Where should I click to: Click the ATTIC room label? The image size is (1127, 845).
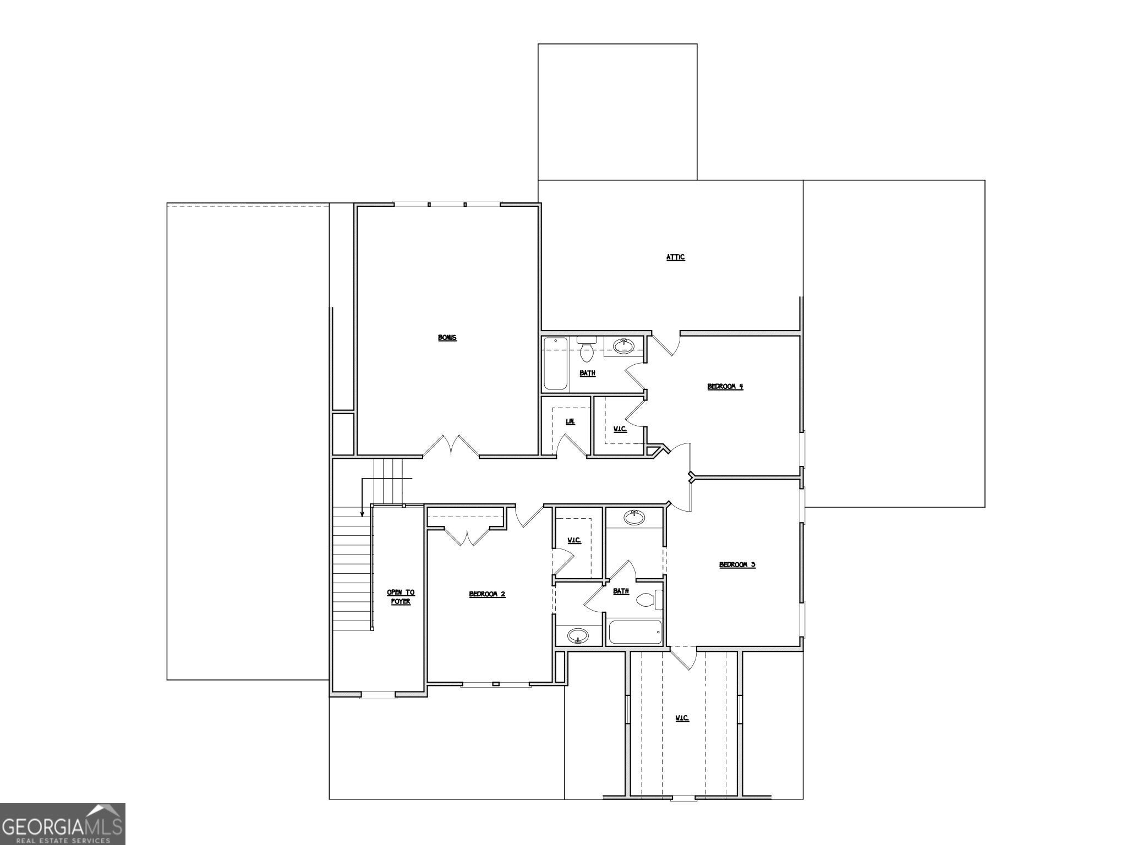click(x=675, y=257)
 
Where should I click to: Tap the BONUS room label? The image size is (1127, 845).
click(x=447, y=337)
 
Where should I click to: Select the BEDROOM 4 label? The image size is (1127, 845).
click(x=725, y=386)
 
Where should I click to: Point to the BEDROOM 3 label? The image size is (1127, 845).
click(x=737, y=564)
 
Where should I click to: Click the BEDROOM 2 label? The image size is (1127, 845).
click(x=487, y=594)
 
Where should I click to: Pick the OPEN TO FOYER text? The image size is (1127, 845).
click(x=401, y=597)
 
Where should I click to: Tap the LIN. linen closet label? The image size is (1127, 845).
click(x=570, y=421)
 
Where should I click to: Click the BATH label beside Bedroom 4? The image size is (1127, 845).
click(x=587, y=373)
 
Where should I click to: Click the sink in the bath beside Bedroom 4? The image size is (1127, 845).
click(x=623, y=346)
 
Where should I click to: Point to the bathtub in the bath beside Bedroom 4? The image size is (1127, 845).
click(x=555, y=363)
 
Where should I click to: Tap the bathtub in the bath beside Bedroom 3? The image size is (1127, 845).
click(x=635, y=632)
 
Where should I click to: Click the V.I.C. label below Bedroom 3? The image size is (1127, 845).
click(x=682, y=718)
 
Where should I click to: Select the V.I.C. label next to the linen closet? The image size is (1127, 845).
click(x=620, y=429)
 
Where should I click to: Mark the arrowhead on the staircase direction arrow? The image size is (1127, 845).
click(x=362, y=514)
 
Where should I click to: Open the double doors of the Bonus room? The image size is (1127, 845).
click(x=451, y=446)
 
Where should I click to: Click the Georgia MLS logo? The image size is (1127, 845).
click(x=62, y=824)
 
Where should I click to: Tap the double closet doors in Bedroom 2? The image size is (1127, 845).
click(x=467, y=537)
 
